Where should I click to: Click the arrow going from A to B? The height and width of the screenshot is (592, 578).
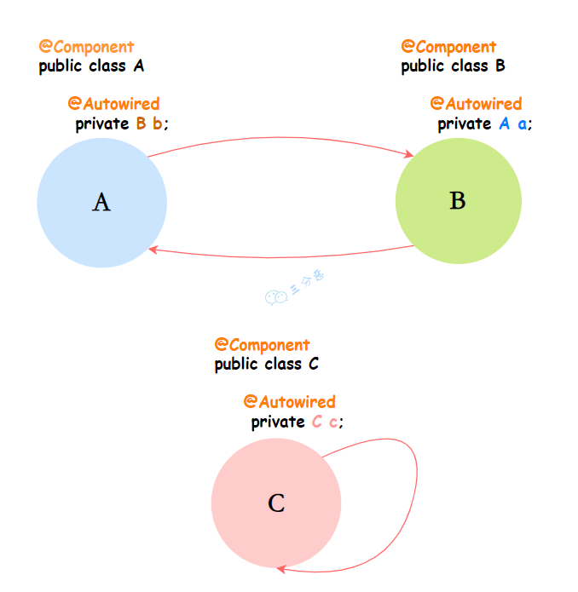pyautogui.click(x=281, y=140)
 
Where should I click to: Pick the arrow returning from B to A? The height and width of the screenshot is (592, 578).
pyautogui.click(x=281, y=256)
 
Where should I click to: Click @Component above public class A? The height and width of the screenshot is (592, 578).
pyautogui.click(x=86, y=47)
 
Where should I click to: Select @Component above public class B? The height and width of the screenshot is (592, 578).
pyautogui.click(x=448, y=47)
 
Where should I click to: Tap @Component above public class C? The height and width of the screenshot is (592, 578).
pyautogui.click(x=262, y=345)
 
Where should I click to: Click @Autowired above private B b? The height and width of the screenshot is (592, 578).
pyautogui.click(x=113, y=104)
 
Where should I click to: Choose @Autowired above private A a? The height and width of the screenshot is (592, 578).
pyautogui.click(x=476, y=104)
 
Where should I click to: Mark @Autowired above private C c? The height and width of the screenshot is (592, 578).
pyautogui.click(x=289, y=401)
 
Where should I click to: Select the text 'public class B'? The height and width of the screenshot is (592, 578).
pyautogui.click(x=454, y=66)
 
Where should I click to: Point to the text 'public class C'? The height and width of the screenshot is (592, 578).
pyautogui.click(x=266, y=365)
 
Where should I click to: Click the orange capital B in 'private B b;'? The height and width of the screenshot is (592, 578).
pyautogui.click(x=142, y=124)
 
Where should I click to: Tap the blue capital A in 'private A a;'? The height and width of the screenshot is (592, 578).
pyautogui.click(x=504, y=124)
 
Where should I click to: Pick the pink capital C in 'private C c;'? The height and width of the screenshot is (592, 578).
pyautogui.click(x=316, y=422)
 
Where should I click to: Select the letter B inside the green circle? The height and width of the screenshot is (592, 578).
pyautogui.click(x=457, y=201)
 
